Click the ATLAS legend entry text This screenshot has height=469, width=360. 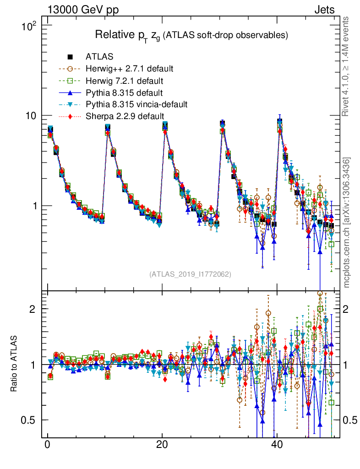point(99,57)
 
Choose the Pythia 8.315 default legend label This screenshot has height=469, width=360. point(124,93)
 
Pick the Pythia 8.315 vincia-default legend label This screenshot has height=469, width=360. point(136,104)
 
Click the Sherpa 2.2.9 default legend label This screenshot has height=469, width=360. point(125,116)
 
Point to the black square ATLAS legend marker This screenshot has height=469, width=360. point(70,57)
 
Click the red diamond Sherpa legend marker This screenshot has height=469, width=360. point(70,116)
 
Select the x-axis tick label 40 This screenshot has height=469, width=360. point(277,446)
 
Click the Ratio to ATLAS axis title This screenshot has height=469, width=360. point(15,364)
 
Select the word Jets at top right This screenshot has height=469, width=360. point(324,10)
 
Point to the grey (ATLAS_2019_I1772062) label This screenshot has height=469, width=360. point(190,274)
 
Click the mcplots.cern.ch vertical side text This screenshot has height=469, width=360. point(347,222)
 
